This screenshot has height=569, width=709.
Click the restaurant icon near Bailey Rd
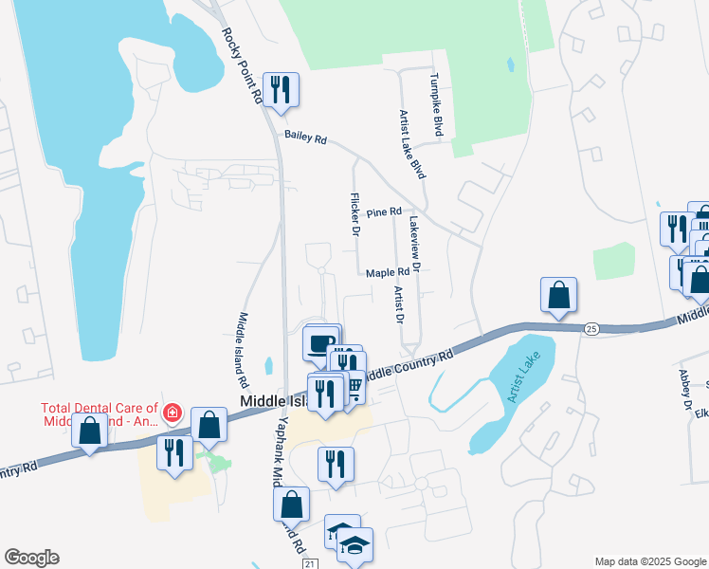[x=281, y=90]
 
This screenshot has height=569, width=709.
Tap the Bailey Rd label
[x=305, y=138]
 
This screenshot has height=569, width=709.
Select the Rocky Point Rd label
[x=242, y=65]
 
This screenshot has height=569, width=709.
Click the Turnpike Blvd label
[x=437, y=105]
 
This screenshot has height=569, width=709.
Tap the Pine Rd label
[x=384, y=211]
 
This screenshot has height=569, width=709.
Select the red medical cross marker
[x=172, y=413]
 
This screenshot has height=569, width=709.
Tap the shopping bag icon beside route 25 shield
[x=559, y=294]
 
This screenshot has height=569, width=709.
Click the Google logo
[x=31, y=558]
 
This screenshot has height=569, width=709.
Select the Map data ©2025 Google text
[x=649, y=561]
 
